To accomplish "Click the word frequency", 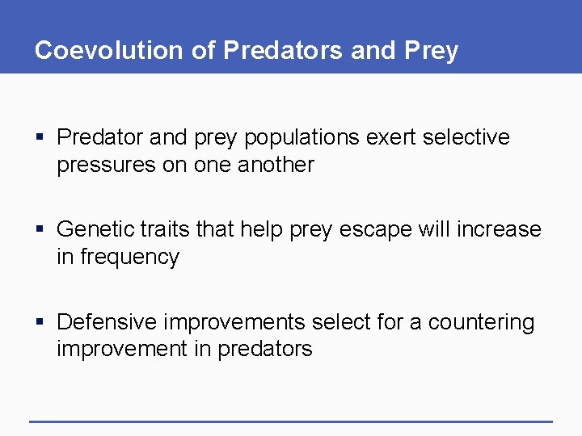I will [x=129, y=258].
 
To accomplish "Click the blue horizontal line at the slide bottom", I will [x=291, y=421].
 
